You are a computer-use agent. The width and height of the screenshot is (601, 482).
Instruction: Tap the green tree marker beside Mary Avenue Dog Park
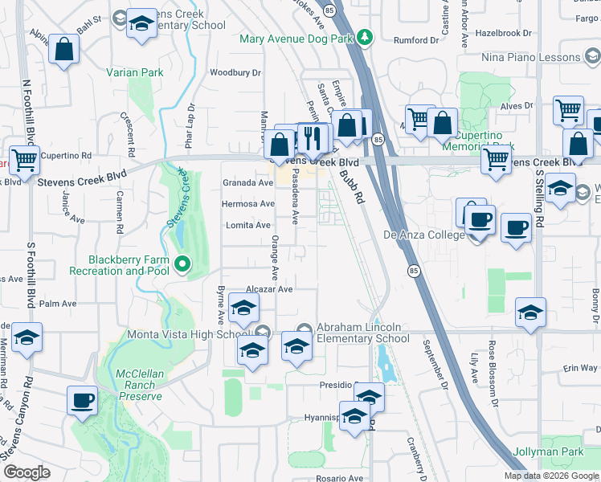[365, 37]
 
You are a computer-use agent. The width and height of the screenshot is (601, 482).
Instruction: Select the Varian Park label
[135, 72]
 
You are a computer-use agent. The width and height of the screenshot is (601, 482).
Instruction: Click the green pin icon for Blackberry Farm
[182, 263]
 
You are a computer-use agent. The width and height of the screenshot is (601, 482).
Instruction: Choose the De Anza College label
[423, 235]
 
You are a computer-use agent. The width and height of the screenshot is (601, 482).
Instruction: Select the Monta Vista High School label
[190, 334]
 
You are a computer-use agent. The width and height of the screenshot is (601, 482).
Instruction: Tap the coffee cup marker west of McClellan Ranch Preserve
[82, 401]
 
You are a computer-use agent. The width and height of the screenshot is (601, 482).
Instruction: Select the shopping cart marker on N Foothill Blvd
[24, 159]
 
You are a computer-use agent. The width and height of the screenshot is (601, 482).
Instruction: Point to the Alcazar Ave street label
[269, 288]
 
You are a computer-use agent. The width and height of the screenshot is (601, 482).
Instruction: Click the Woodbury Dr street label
[235, 73]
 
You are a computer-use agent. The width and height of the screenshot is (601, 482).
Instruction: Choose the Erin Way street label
[580, 368]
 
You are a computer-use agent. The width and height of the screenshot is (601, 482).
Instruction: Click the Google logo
[27, 472]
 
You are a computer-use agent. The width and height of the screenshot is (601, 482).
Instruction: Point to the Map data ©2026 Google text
[551, 476]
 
